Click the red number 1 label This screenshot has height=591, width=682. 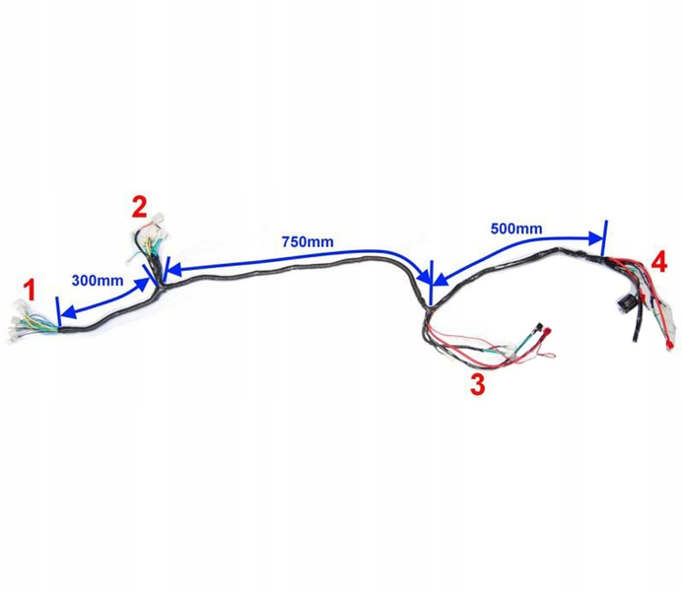click(31, 291)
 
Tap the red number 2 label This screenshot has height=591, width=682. click(139, 207)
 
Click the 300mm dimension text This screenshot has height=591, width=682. click(98, 280)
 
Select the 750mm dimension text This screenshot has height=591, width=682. click(307, 241)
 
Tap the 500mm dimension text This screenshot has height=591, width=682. click(515, 229)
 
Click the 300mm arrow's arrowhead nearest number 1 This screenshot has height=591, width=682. click(65, 312)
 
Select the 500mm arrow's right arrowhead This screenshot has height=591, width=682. click(596, 237)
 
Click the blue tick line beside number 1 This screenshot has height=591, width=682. click(59, 314)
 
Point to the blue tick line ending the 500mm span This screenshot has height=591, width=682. click(603, 237)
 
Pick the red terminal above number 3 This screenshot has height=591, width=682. click(540, 328)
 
